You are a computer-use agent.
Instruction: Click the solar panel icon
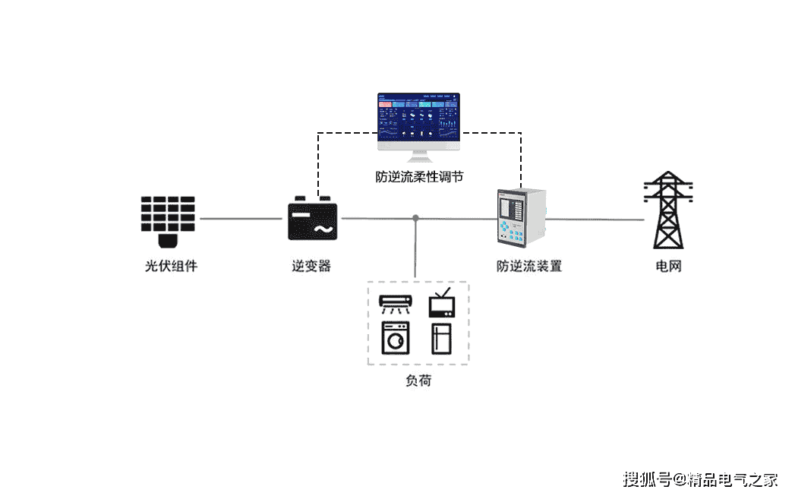(168, 220)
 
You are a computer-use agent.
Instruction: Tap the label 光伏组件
(171, 267)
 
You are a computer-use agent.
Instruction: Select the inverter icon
(312, 220)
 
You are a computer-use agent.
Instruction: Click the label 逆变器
(311, 267)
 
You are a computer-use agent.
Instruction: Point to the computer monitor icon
(418, 126)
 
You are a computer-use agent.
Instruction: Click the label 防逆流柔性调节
(419, 177)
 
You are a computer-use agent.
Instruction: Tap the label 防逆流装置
(529, 267)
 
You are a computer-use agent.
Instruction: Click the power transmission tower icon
(668, 210)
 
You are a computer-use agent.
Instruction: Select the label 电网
(668, 267)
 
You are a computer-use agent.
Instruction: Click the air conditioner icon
(396, 303)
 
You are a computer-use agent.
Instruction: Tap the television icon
(442, 302)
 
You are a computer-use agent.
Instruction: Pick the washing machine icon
(395, 338)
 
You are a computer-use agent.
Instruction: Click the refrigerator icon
(442, 338)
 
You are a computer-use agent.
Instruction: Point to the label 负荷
(418, 381)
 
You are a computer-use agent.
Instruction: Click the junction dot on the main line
(415, 219)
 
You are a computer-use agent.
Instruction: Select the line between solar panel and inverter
(239, 219)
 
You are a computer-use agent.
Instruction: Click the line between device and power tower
(596, 220)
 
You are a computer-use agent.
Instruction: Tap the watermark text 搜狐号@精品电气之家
(700, 479)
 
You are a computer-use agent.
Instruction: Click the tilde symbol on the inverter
(322, 229)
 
